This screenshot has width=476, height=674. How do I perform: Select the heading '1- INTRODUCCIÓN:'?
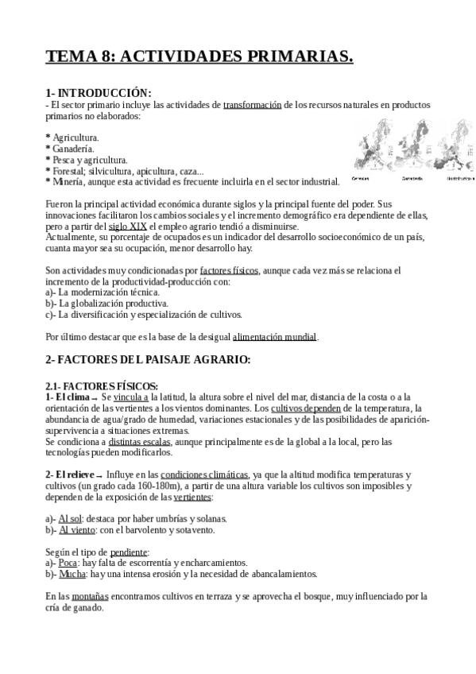[x=99, y=93]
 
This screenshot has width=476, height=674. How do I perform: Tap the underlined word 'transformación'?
[x=253, y=104]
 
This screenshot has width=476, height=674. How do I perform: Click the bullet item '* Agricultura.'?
[x=72, y=138]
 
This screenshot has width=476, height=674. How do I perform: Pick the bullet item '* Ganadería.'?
[x=70, y=149]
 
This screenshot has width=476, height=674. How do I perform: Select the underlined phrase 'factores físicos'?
[x=230, y=270]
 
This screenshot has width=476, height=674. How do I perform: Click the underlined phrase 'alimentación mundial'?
[x=275, y=336]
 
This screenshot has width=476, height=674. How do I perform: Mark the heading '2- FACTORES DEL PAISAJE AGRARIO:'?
[x=148, y=359]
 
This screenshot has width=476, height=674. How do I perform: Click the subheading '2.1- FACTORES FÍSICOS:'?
[x=102, y=385]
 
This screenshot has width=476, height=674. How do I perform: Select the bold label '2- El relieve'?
[x=72, y=475]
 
